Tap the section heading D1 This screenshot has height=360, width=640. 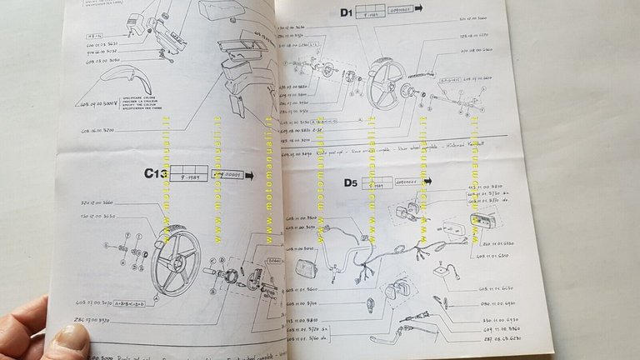click(344, 12)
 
